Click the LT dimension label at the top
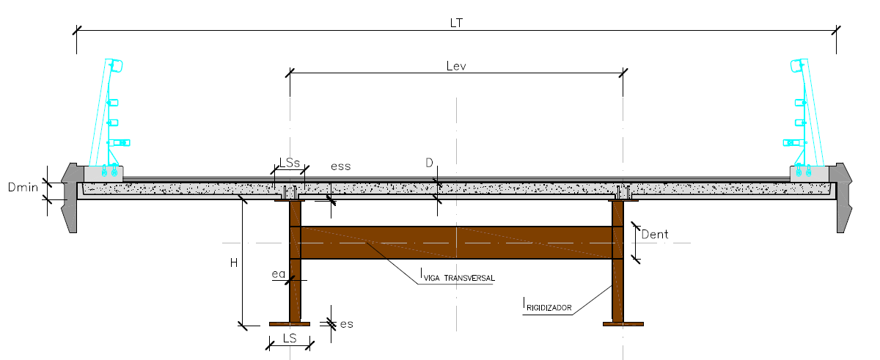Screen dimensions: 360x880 click(x=456, y=23)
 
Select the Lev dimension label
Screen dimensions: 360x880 click(x=456, y=65)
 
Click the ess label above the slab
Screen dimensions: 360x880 click(x=340, y=166)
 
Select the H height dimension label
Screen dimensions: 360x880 click(x=234, y=263)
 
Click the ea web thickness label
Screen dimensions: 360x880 click(x=278, y=274)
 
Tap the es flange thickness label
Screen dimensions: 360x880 click(x=346, y=323)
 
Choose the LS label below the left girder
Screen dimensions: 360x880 click(x=290, y=338)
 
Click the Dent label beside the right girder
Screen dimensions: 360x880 click(x=655, y=235)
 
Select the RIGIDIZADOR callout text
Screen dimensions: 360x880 click(x=549, y=307)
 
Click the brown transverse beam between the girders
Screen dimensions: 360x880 click(x=456, y=243)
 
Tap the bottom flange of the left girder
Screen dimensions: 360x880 click(x=290, y=323)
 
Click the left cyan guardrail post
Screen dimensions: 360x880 click(x=106, y=117)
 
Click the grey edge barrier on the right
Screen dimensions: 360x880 click(x=844, y=198)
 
